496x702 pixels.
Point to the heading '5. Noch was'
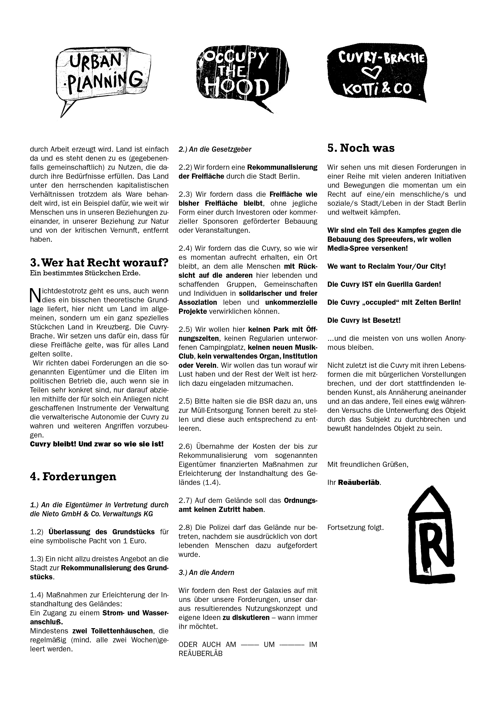pos(361,148)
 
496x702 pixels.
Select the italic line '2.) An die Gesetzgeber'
pos(215,149)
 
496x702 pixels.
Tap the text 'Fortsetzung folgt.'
pos(355,528)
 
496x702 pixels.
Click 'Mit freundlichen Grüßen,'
pos(368,464)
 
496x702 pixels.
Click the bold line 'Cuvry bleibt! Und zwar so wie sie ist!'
pos(97,444)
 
